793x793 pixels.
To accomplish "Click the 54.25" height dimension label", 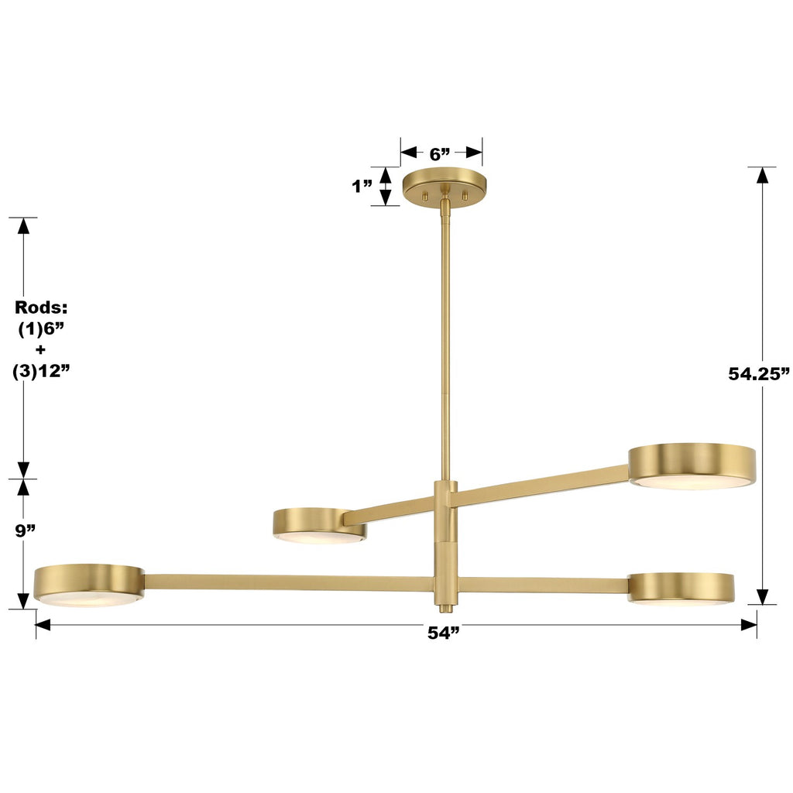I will tap(758, 374).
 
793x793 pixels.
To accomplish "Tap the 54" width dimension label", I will tap(444, 633).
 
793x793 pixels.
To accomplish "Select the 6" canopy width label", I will tap(441, 153).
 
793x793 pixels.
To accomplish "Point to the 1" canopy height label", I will tap(362, 187).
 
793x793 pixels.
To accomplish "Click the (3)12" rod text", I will tap(42, 371).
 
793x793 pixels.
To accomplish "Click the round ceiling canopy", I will tap(445, 186).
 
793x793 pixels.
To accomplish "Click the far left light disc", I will tap(89, 585).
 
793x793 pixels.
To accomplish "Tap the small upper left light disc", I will tap(319, 524).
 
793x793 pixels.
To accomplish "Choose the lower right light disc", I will tap(681, 588).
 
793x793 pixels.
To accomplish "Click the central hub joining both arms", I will tap(445, 542).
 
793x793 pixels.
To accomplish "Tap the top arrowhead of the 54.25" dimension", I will tap(763, 175).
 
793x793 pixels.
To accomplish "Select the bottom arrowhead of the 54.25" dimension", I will tap(763, 596).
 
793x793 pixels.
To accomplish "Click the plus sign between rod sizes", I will tap(41, 349).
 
